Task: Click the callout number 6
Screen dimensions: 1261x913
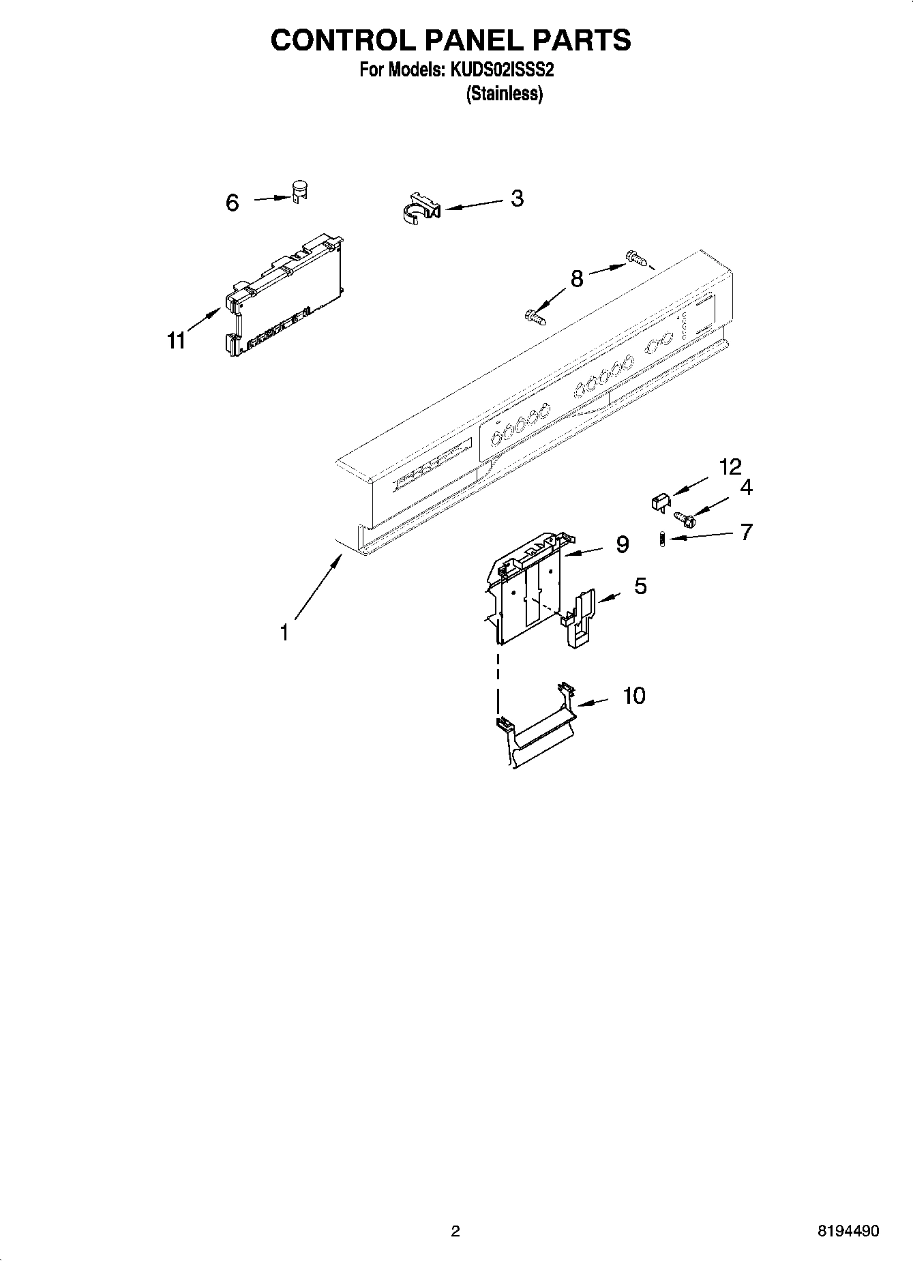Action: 233,203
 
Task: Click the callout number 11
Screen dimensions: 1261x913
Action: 177,340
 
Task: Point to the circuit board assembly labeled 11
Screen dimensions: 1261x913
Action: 283,297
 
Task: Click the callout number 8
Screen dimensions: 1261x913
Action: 577,278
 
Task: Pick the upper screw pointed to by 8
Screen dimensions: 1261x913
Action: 634,258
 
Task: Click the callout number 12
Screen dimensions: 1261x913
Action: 730,467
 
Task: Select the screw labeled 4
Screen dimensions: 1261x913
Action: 684,518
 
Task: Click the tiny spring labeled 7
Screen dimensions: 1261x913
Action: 661,539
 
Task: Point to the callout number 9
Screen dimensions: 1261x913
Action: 622,544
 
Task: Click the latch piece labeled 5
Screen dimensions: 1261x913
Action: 579,617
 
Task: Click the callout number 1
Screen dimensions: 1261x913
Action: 284,633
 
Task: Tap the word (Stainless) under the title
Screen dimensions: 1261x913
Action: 504,94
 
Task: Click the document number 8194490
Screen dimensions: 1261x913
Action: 848,1231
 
